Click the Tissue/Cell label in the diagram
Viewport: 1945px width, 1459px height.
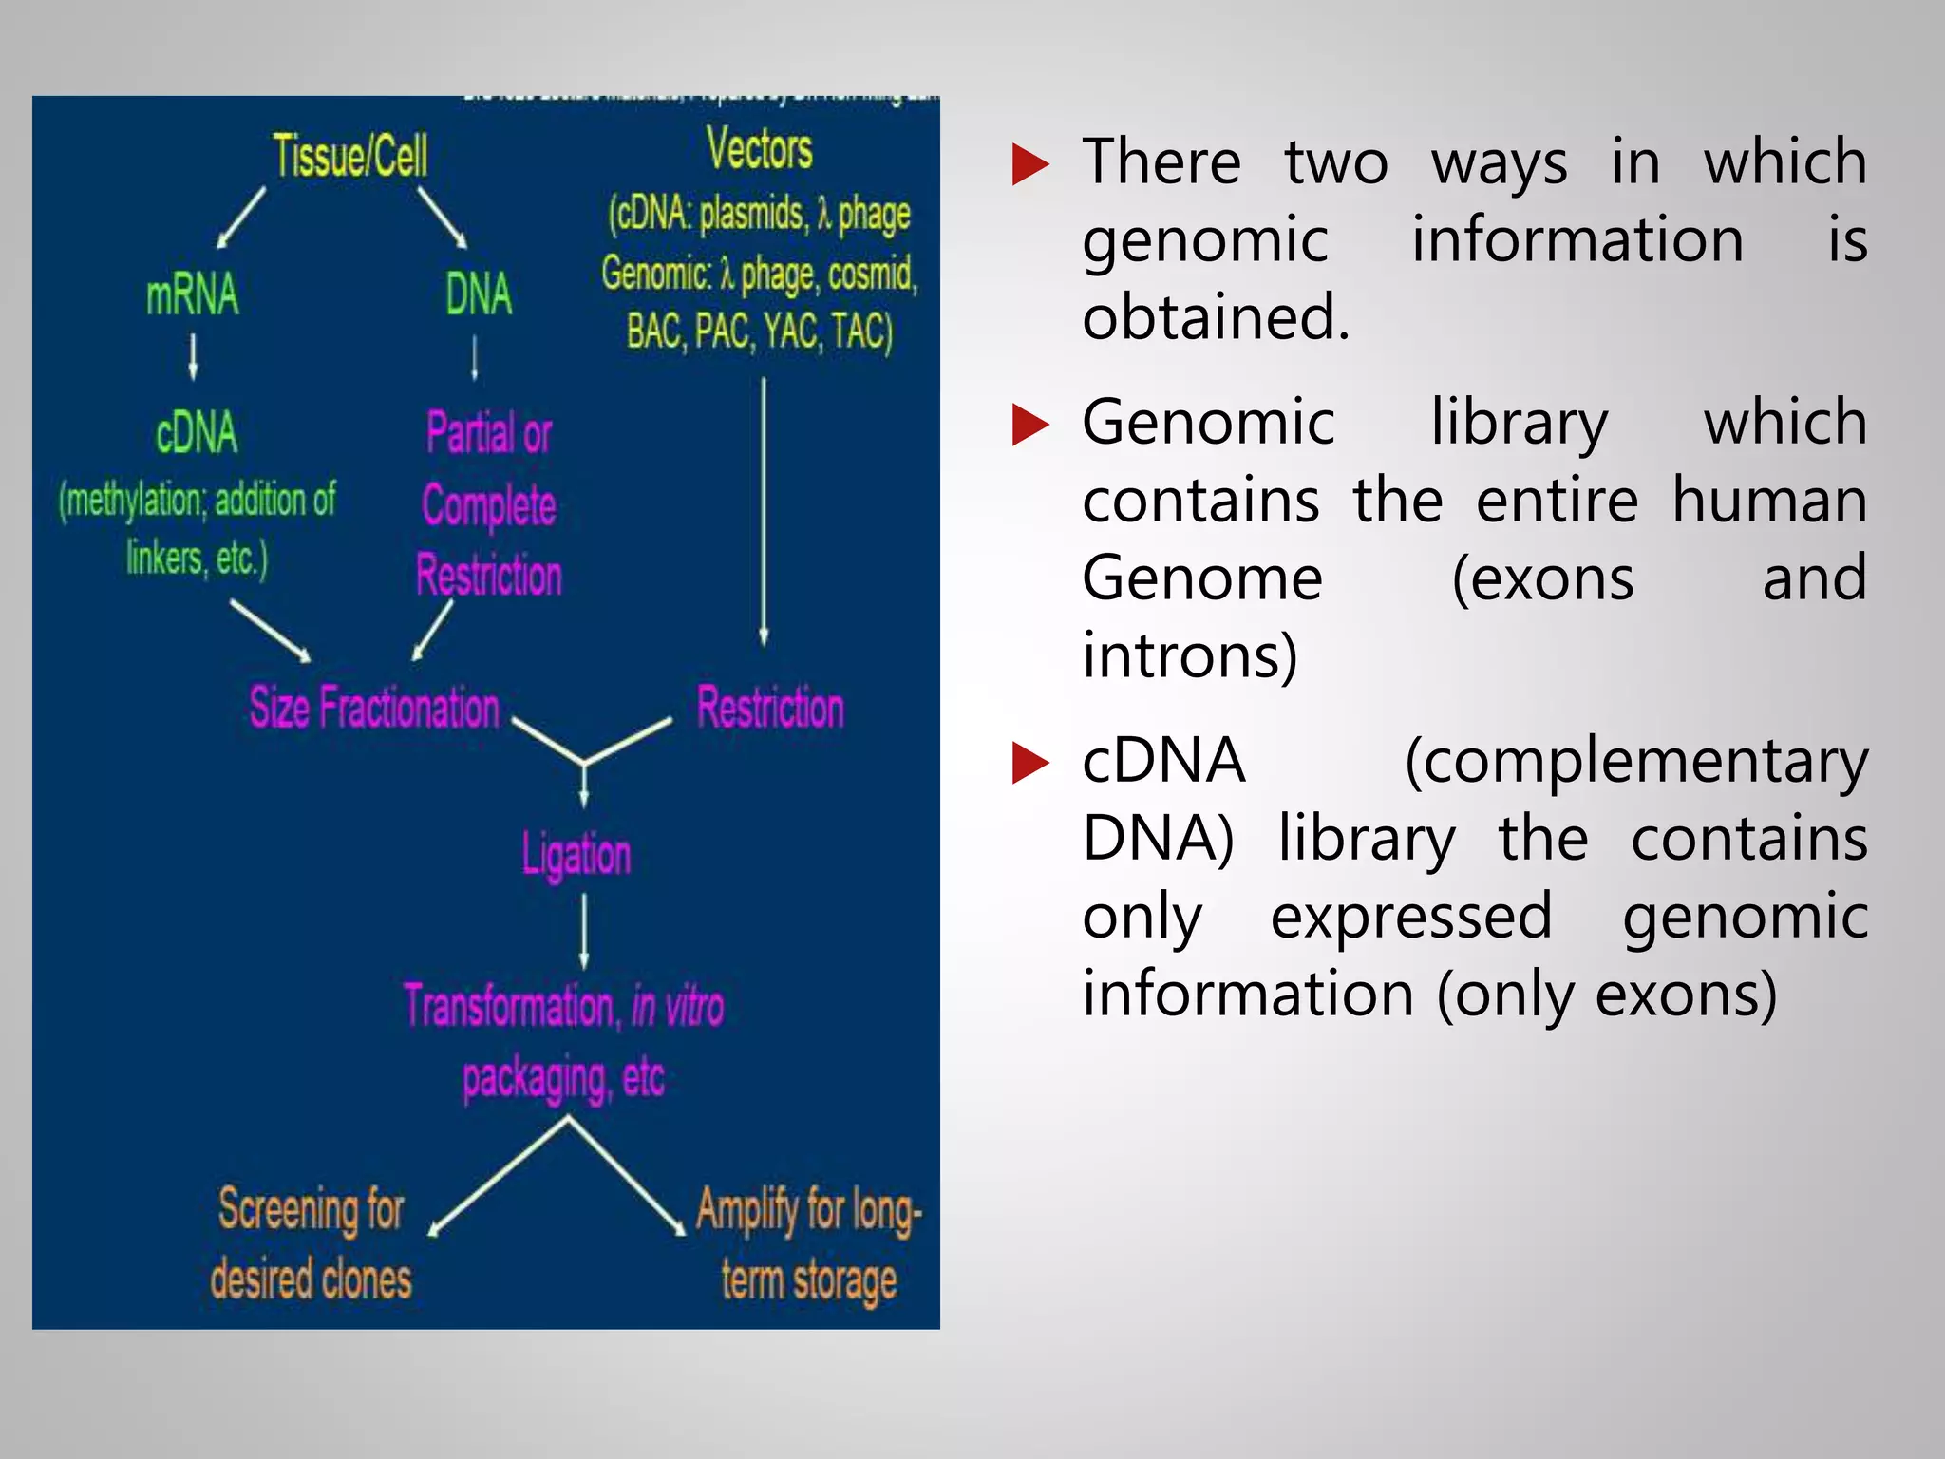tap(349, 156)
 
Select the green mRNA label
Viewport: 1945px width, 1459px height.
tap(192, 294)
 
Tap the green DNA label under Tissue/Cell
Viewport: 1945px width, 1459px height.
tap(479, 294)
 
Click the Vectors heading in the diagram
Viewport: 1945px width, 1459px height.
tap(759, 150)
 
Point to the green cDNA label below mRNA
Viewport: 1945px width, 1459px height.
tap(197, 432)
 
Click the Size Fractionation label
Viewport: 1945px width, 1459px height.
tap(373, 708)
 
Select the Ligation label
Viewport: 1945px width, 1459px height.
tap(576, 854)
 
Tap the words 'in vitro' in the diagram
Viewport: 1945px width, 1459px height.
tap(677, 1007)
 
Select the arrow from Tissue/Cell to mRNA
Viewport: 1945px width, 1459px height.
tap(241, 218)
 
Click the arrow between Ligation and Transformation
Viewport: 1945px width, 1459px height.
tap(583, 932)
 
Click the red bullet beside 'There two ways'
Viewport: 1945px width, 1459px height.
tap(1029, 164)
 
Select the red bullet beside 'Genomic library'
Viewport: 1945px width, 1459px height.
tap(1029, 425)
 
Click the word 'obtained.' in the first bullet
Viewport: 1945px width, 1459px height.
tap(1216, 317)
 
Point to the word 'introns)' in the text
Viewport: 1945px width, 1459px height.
tap(1190, 655)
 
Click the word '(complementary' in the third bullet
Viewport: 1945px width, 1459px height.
tap(1635, 763)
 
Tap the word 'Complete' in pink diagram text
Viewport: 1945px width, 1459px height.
tap(489, 504)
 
